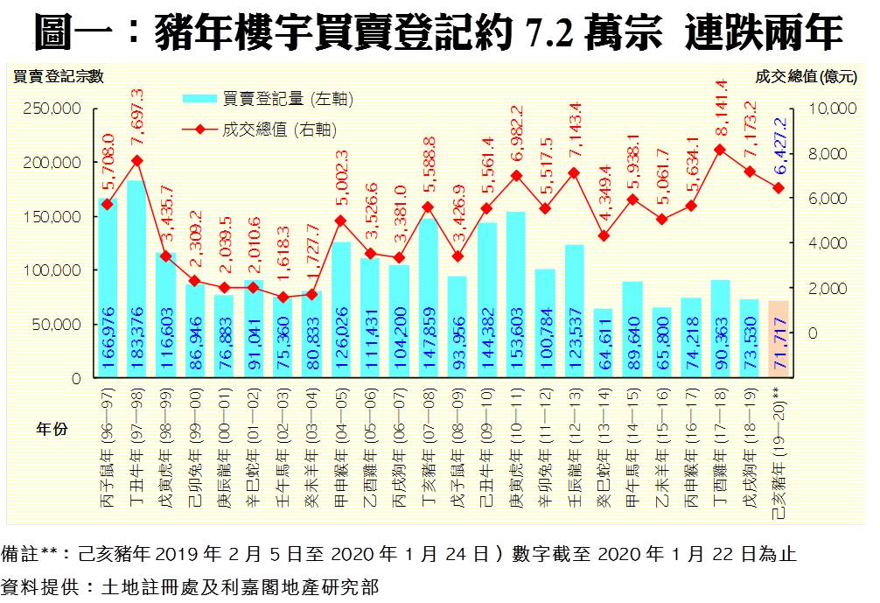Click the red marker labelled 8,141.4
tap(720, 150)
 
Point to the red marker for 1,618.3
tap(282, 298)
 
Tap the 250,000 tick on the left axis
tap(55, 109)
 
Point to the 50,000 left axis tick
tap(59, 324)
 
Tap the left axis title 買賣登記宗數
tap(59, 77)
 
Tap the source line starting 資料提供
tap(192, 585)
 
